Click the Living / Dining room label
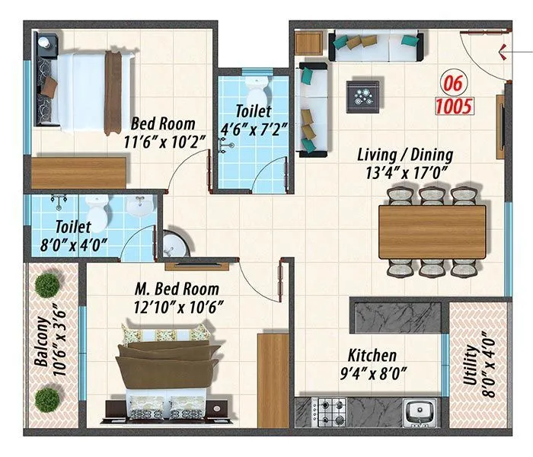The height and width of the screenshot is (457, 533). (x=405, y=155)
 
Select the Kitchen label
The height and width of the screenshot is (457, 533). (x=372, y=356)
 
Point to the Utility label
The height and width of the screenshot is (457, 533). (x=470, y=369)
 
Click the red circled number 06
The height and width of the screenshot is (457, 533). (x=455, y=82)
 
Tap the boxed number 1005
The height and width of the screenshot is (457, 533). (x=455, y=106)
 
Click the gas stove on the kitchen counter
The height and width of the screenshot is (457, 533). (x=332, y=412)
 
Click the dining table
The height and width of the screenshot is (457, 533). (x=432, y=232)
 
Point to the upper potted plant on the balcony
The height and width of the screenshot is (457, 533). (x=48, y=285)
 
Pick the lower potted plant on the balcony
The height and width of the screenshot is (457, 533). (x=48, y=398)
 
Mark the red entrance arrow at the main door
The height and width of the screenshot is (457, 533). (x=505, y=52)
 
